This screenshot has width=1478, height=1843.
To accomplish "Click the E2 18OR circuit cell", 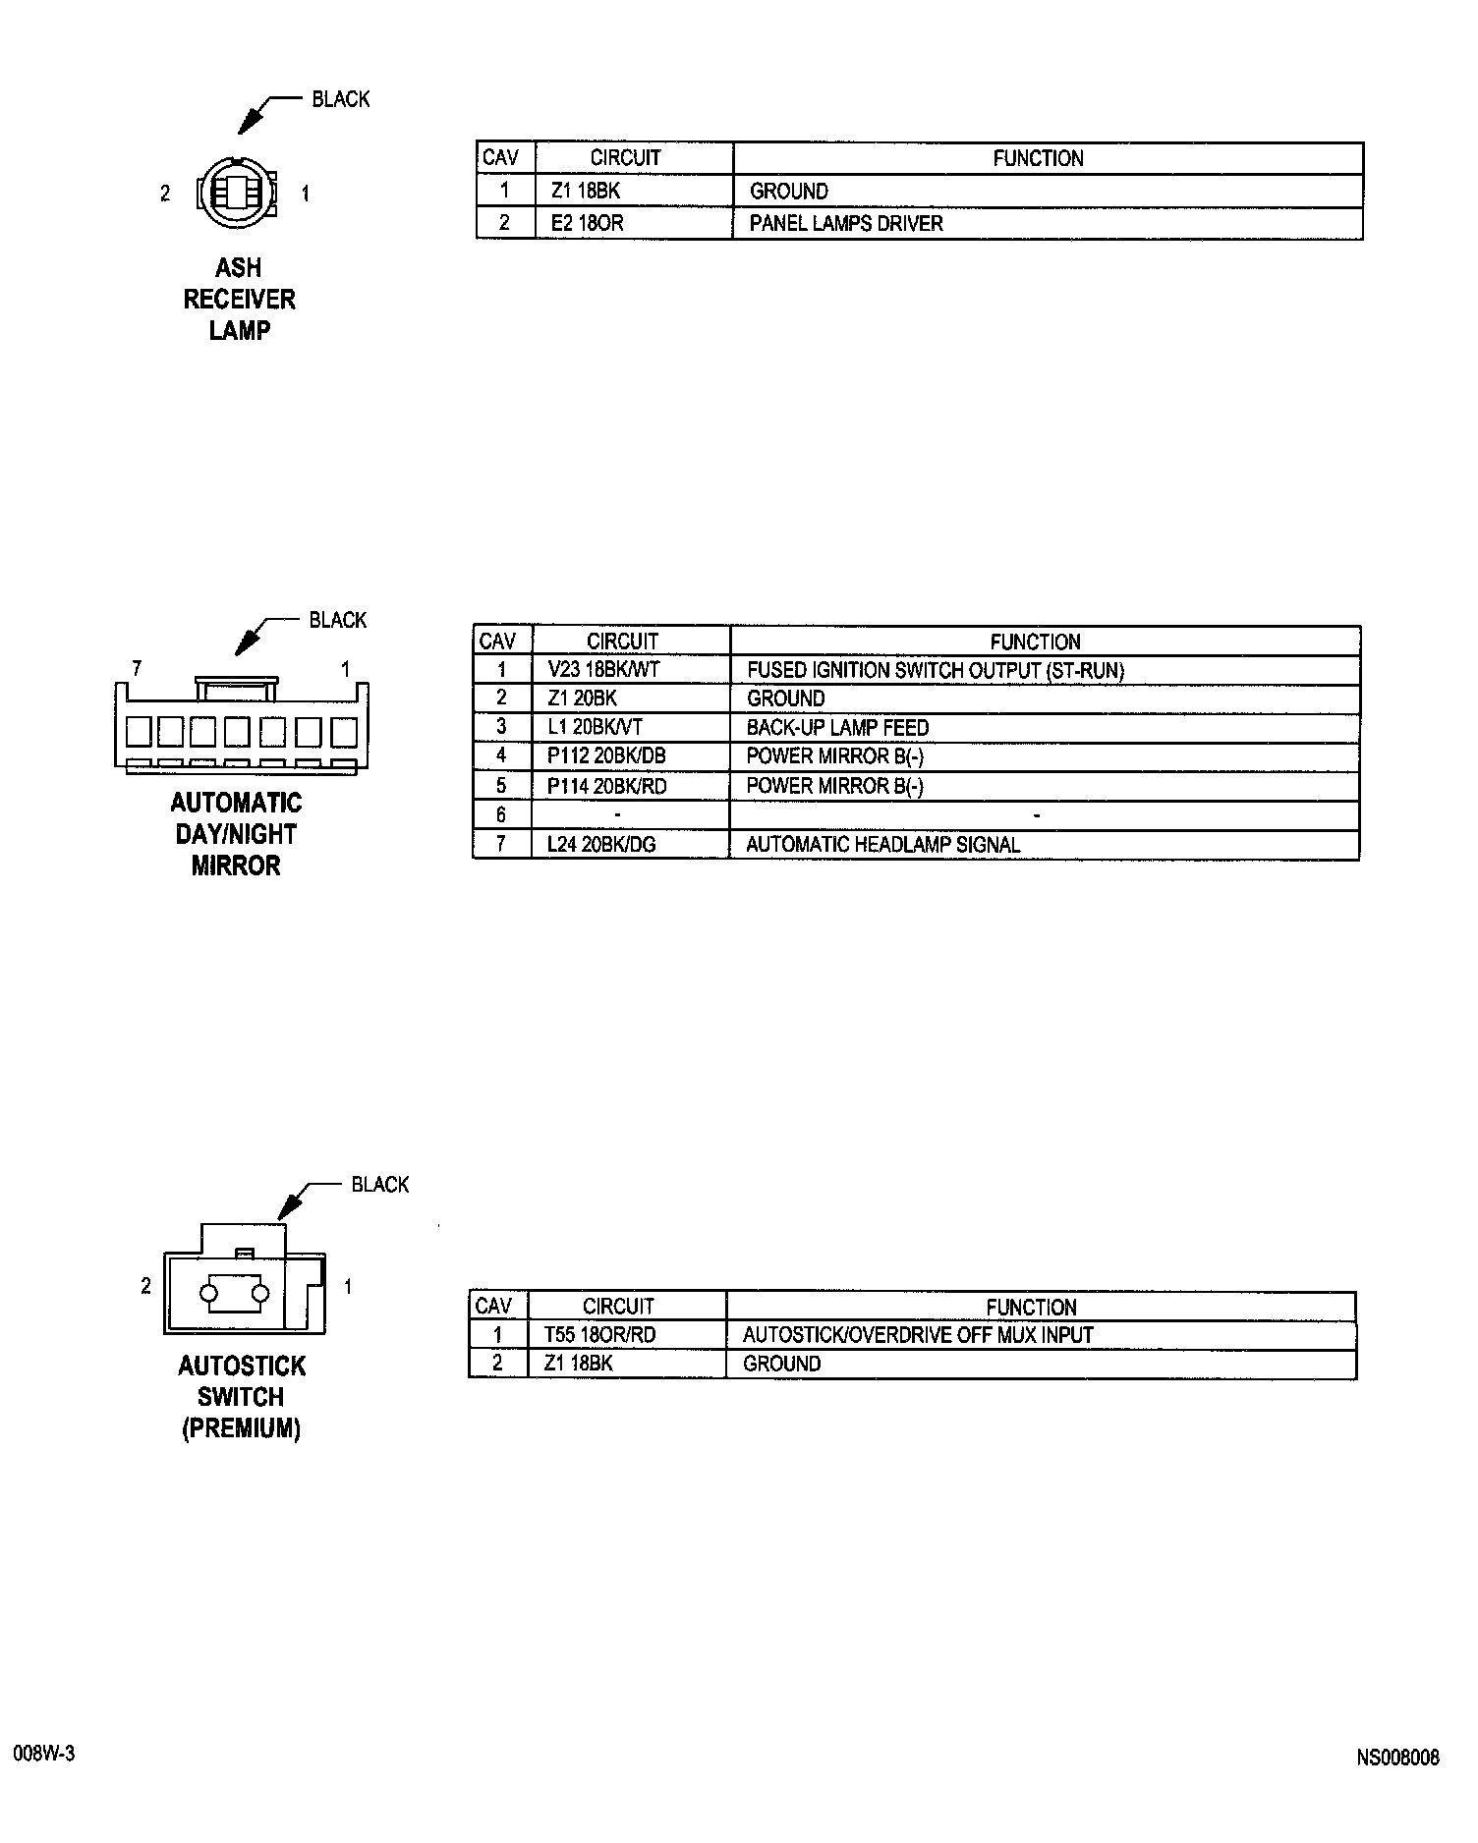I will coord(587,223).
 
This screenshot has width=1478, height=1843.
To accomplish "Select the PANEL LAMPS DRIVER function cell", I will coord(845,223).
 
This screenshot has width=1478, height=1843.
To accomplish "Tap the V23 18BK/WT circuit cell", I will coord(602,670).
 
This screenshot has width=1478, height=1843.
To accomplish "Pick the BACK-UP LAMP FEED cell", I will coord(837,728).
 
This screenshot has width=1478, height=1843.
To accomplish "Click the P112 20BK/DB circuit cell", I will coord(606,756).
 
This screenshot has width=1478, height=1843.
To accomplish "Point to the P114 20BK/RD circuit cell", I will coord(606,786).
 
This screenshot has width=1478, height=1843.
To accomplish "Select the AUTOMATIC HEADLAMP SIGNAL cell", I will coord(882,844).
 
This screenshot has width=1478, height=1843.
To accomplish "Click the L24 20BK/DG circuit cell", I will coord(601,844).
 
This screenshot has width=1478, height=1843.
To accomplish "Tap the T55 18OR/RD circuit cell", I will coord(599,1334).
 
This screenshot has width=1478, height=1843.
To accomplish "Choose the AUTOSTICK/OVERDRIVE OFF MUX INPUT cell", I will coord(918,1334).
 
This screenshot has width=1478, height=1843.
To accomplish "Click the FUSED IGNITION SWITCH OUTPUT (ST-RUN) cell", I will coord(935,670).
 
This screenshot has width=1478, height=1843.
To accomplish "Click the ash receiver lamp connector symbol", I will coord(236,193).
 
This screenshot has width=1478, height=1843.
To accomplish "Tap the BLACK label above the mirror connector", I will coord(337,620).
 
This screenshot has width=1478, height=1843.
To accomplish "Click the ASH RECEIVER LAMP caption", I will coord(239,299).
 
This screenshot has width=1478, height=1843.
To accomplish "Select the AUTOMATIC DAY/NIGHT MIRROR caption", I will coord(236,834).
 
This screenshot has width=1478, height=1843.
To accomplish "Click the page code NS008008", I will coord(1397,1757).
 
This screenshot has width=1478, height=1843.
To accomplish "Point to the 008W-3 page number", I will coord(44,1754).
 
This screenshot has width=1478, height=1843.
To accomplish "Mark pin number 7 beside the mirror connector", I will coord(137,669).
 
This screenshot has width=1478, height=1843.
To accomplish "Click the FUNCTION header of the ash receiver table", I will coord(1038,158).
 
